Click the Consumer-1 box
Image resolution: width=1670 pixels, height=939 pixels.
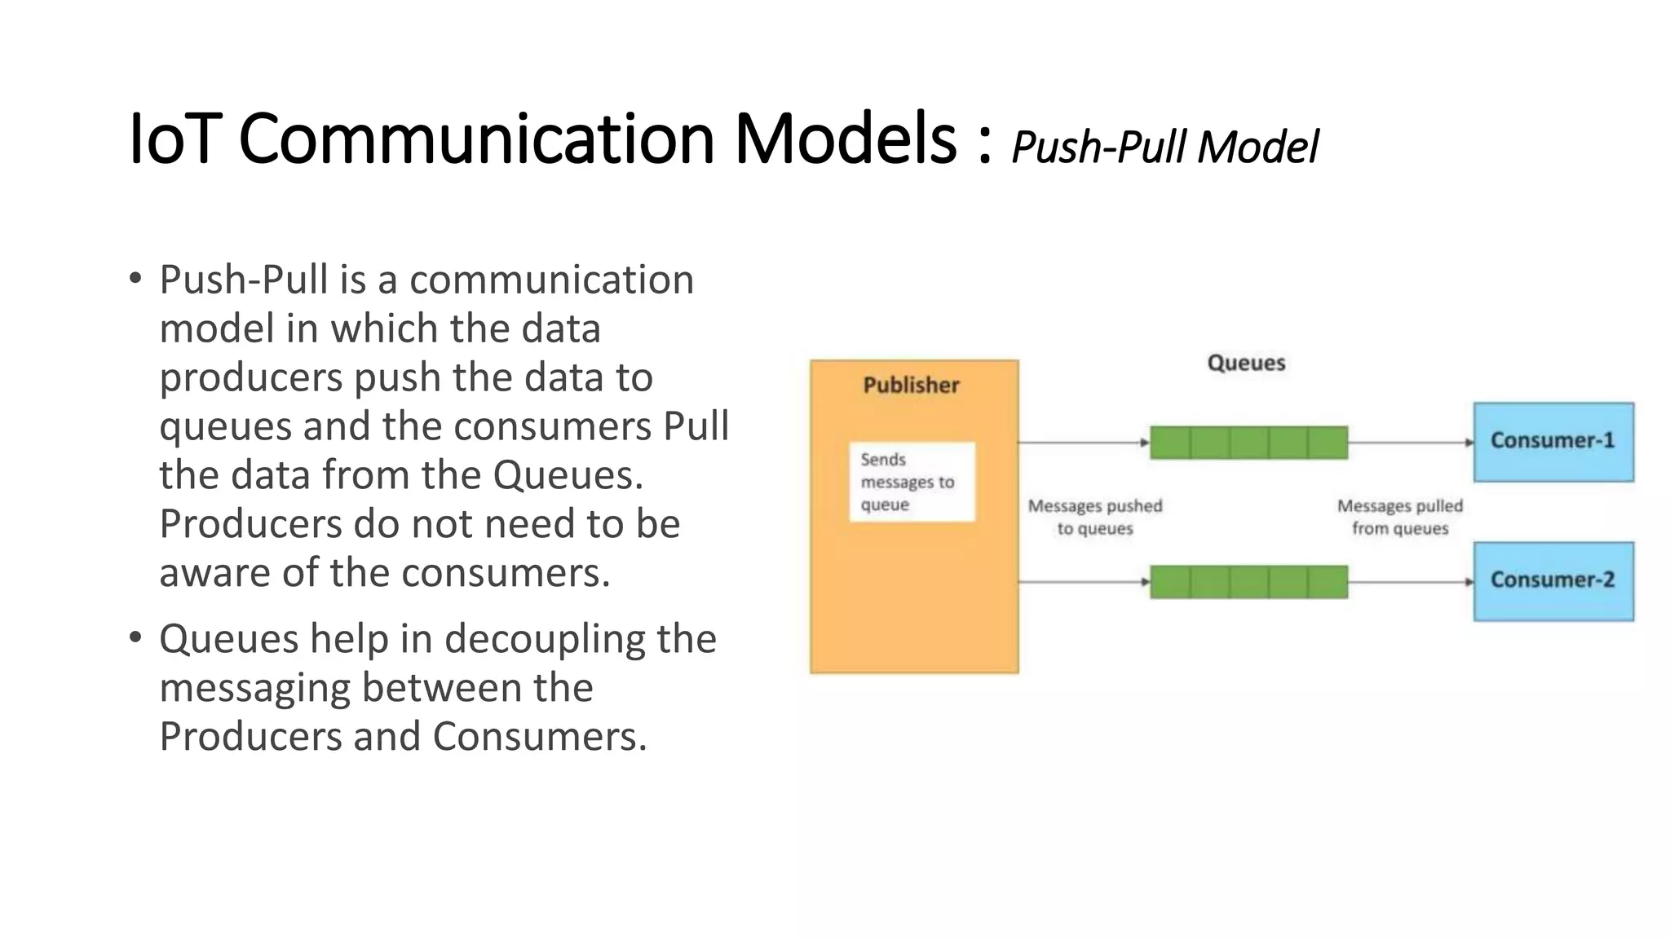[1553, 442]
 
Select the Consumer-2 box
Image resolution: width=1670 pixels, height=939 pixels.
[1553, 581]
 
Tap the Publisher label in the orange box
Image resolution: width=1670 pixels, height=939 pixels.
[911, 385]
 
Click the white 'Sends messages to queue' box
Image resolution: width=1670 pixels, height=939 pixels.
[912, 482]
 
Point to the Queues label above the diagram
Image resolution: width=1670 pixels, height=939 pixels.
[1246, 363]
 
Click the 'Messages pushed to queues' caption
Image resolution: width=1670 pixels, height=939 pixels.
[1094, 517]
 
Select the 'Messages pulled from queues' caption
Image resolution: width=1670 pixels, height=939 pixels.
[1400, 517]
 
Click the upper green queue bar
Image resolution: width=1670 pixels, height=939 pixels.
[1248, 443]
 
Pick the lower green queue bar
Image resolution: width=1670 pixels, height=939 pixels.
[1248, 582]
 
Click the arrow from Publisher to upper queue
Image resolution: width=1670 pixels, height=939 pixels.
[1084, 443]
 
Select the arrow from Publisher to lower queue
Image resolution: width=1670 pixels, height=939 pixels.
[1084, 582]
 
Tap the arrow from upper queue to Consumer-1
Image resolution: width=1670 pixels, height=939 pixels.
[1410, 443]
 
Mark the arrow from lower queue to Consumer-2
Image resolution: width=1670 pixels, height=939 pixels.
[1410, 582]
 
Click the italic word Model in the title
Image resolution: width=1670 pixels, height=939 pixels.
[1257, 148]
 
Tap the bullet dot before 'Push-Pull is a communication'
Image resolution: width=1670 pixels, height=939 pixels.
[135, 278]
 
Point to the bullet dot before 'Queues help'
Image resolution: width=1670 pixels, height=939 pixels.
[135, 637]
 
